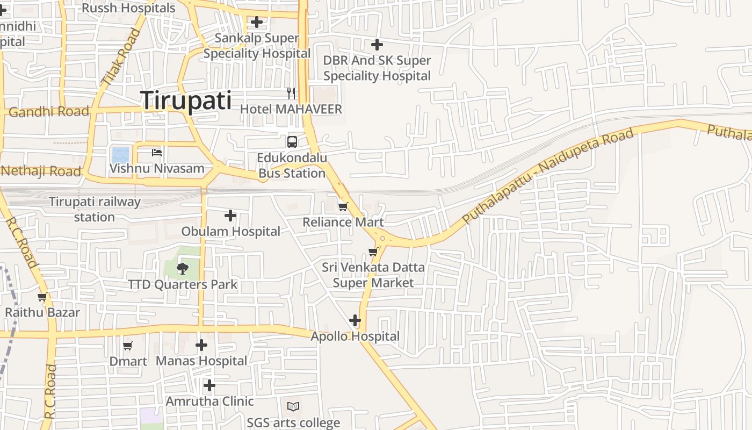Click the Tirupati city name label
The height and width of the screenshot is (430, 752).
(186, 101)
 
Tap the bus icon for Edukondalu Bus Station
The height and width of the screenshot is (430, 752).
(292, 142)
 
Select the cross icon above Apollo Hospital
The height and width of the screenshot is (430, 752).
(355, 320)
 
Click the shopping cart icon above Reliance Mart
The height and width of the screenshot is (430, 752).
(343, 206)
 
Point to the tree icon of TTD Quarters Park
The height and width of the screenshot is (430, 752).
(183, 268)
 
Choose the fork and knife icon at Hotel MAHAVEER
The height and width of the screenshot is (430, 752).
(291, 94)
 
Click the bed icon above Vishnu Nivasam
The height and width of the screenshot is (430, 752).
(157, 153)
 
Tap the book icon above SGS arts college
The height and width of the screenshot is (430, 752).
(293, 407)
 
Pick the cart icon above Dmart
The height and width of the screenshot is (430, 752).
(128, 346)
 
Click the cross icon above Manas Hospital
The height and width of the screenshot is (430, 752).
(201, 345)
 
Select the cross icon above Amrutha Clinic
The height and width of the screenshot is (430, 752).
(209, 385)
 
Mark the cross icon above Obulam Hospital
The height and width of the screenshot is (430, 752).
(230, 216)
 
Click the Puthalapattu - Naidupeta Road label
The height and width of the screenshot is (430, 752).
(548, 176)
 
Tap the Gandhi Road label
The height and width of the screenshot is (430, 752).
(49, 112)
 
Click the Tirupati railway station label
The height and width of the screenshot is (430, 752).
(95, 209)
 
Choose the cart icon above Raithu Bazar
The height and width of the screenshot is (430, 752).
(42, 297)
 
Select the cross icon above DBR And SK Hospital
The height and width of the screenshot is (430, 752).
(377, 45)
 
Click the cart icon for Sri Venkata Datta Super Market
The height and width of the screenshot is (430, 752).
(373, 252)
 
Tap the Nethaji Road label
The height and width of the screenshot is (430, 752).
(41, 171)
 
